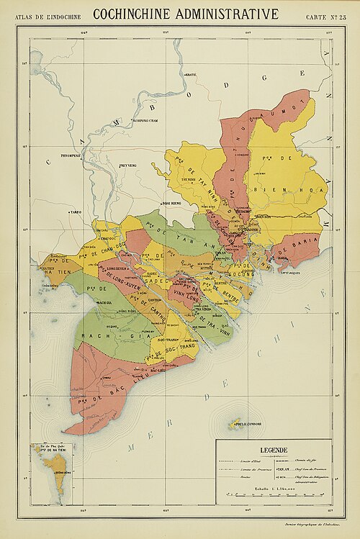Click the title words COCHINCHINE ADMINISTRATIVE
(186, 13)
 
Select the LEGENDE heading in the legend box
(274, 450)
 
